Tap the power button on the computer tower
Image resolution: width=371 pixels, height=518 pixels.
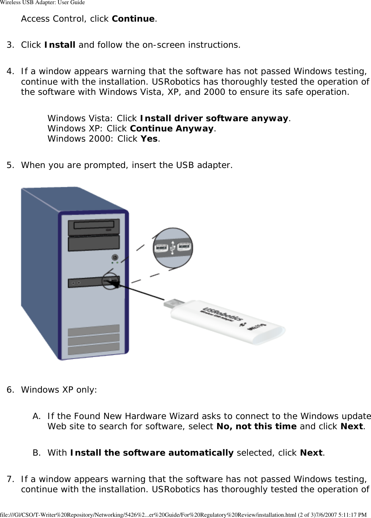pos(115,257)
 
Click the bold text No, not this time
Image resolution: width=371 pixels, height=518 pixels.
pos(256,426)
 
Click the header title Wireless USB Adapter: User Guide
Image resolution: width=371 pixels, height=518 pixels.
pos(42,3)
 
